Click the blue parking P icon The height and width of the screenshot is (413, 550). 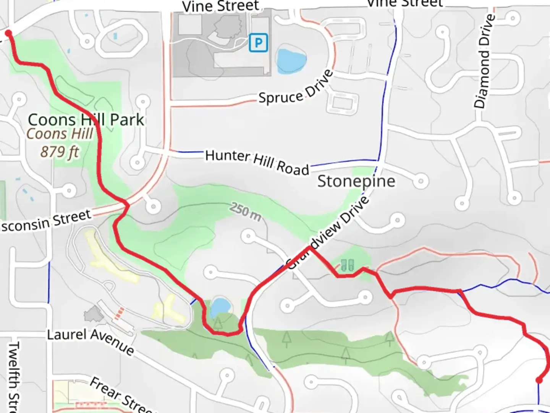pos(258,42)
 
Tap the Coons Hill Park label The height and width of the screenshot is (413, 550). pos(86,120)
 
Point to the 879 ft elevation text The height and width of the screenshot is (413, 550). pos(60,152)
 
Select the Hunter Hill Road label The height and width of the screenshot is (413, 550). pos(257,162)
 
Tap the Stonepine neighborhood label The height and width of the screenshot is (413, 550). pos(356,181)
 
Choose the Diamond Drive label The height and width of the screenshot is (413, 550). pos(484,61)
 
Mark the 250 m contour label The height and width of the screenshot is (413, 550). pos(246,212)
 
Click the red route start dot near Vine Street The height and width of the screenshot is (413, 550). pos(8,34)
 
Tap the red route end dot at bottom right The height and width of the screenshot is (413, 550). pos(539,380)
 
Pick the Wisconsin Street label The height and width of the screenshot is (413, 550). pos(46,221)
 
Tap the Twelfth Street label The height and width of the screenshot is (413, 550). pos(14,377)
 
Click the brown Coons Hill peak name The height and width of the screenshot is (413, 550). pos(60,134)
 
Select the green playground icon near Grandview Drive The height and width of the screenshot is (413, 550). pos(347,265)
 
